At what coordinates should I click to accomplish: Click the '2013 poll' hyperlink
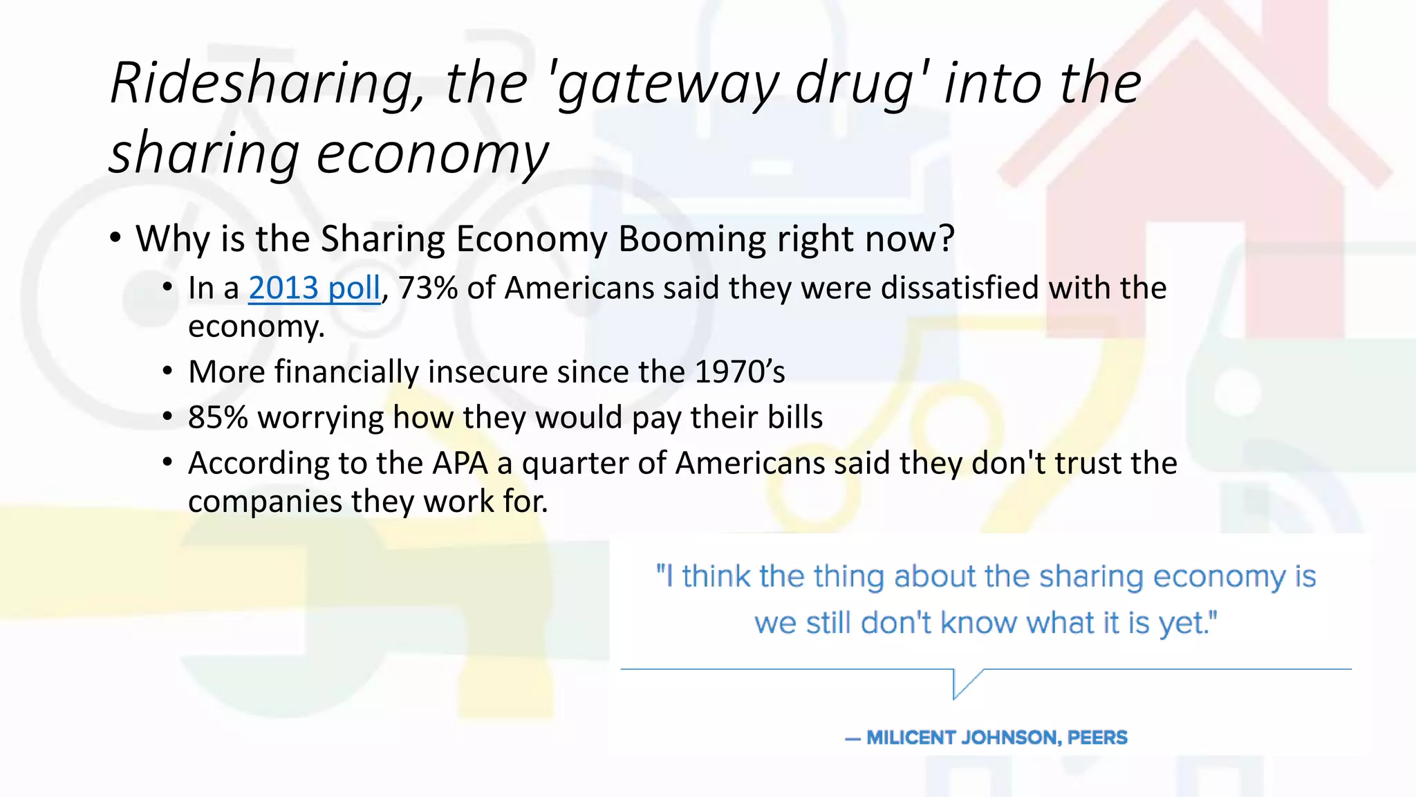314,288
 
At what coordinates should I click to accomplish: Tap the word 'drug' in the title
855,84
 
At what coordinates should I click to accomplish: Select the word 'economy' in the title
432,154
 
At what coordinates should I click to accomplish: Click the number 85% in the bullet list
218,418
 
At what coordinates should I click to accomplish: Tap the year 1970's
739,372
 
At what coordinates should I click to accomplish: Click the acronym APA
460,464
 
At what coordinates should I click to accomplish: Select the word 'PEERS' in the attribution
1097,738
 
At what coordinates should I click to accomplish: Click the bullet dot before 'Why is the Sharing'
115,239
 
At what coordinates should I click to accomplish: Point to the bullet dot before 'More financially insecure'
168,372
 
